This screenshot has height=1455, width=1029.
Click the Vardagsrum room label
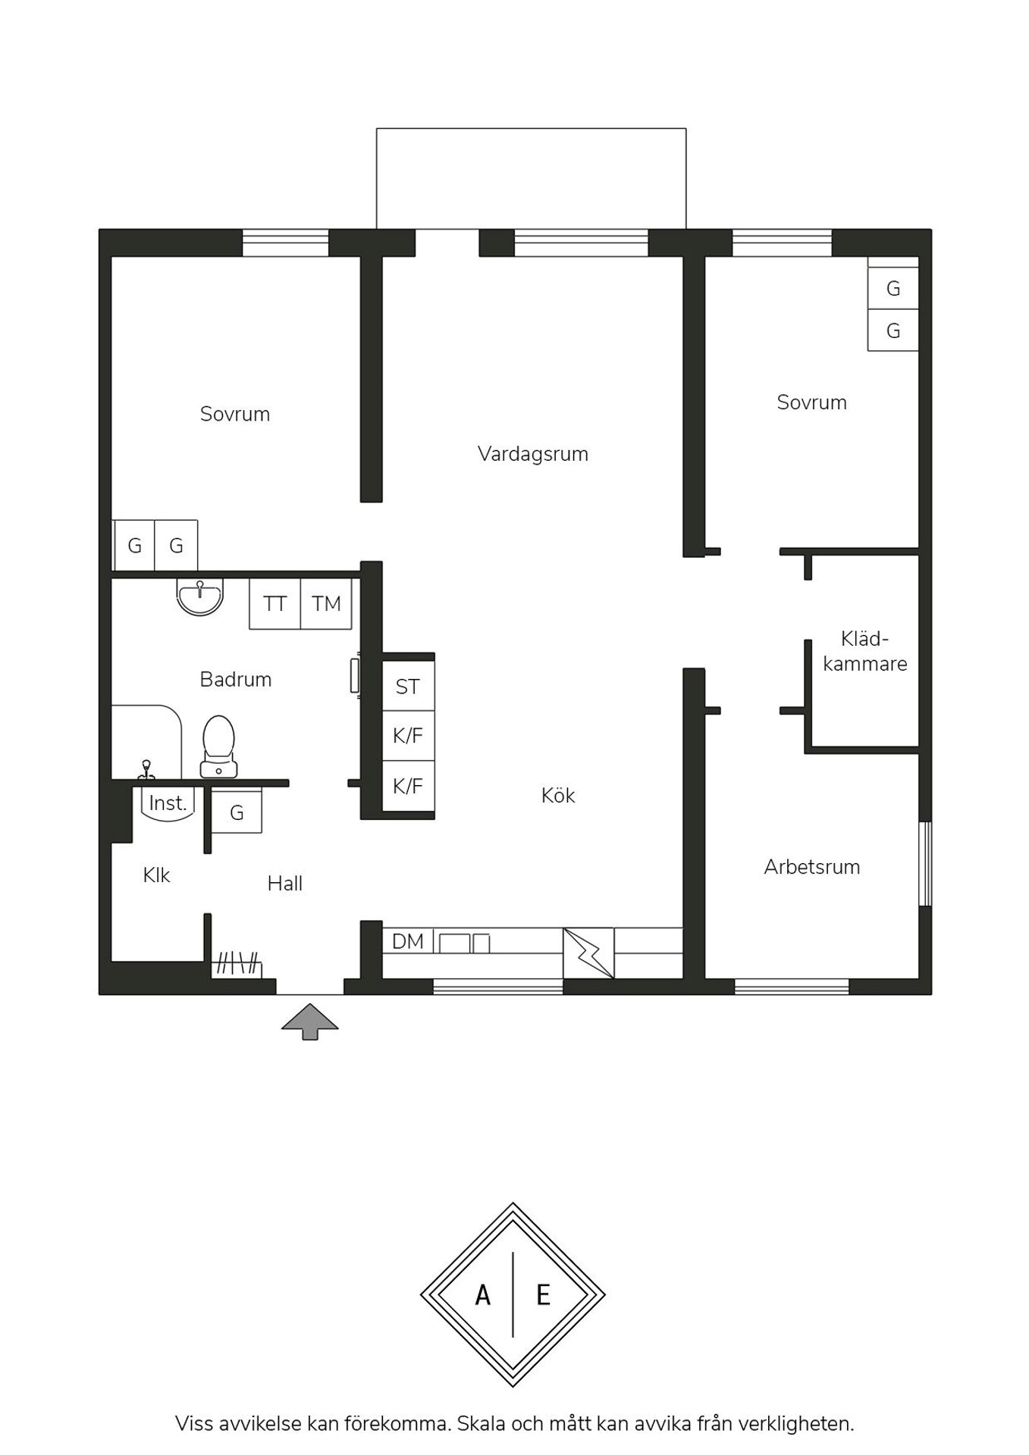click(x=533, y=454)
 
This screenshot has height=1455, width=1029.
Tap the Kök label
click(x=558, y=795)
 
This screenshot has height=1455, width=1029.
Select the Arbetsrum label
click(x=812, y=867)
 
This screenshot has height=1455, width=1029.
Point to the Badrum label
click(x=236, y=679)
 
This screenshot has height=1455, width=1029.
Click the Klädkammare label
click(x=865, y=651)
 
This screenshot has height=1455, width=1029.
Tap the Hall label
click(x=285, y=883)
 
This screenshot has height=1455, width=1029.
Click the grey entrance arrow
click(x=310, y=1022)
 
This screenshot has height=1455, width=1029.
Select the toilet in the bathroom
click(x=218, y=746)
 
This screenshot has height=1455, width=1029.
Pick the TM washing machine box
click(x=326, y=604)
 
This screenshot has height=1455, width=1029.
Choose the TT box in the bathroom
click(x=275, y=604)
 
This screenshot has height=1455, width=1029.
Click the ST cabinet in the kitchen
click(x=408, y=687)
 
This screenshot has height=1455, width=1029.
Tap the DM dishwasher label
click(x=408, y=941)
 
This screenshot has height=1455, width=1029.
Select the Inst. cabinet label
click(x=168, y=803)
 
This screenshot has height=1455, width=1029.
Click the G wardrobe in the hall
click(x=237, y=811)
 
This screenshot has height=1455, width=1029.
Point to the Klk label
click(x=156, y=875)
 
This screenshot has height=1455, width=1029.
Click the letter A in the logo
click(x=483, y=1295)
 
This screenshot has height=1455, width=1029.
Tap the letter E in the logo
click(x=543, y=1295)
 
